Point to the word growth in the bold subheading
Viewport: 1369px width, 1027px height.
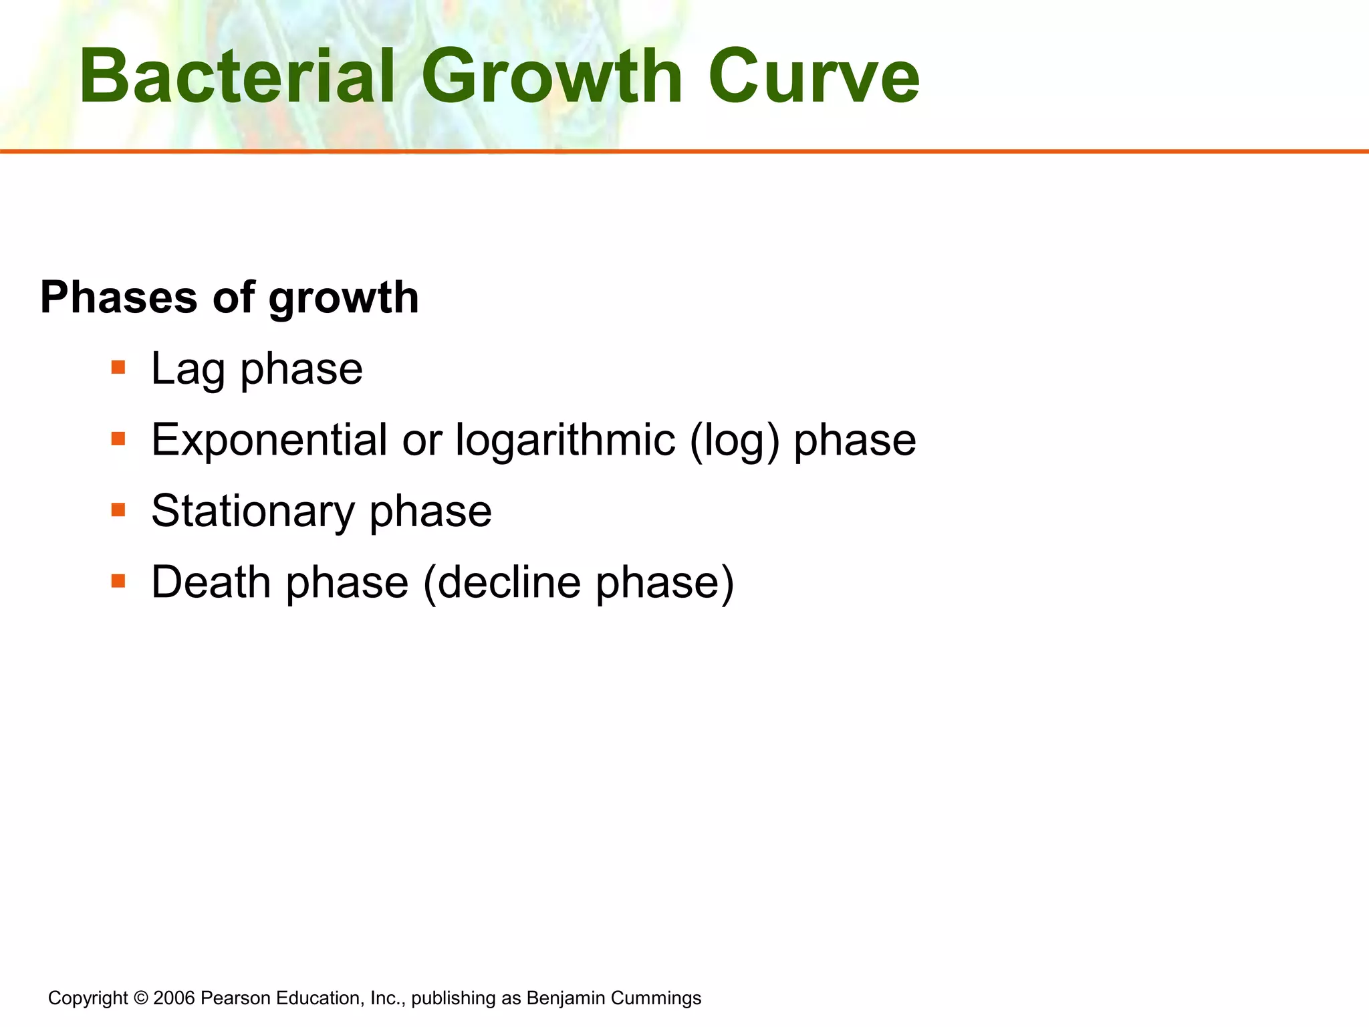344,298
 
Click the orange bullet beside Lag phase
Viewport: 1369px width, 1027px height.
118,367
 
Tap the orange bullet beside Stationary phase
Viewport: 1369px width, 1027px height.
118,510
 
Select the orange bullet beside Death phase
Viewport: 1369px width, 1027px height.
118,581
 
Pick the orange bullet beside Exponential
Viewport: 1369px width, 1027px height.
118,439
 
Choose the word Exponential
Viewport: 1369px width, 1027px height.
269,440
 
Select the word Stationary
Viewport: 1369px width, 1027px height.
253,511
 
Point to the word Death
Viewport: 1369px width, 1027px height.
213,582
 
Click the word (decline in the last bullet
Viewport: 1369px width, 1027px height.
502,582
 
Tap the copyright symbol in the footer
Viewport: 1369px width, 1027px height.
140,998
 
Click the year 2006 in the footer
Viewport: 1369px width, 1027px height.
174,998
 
